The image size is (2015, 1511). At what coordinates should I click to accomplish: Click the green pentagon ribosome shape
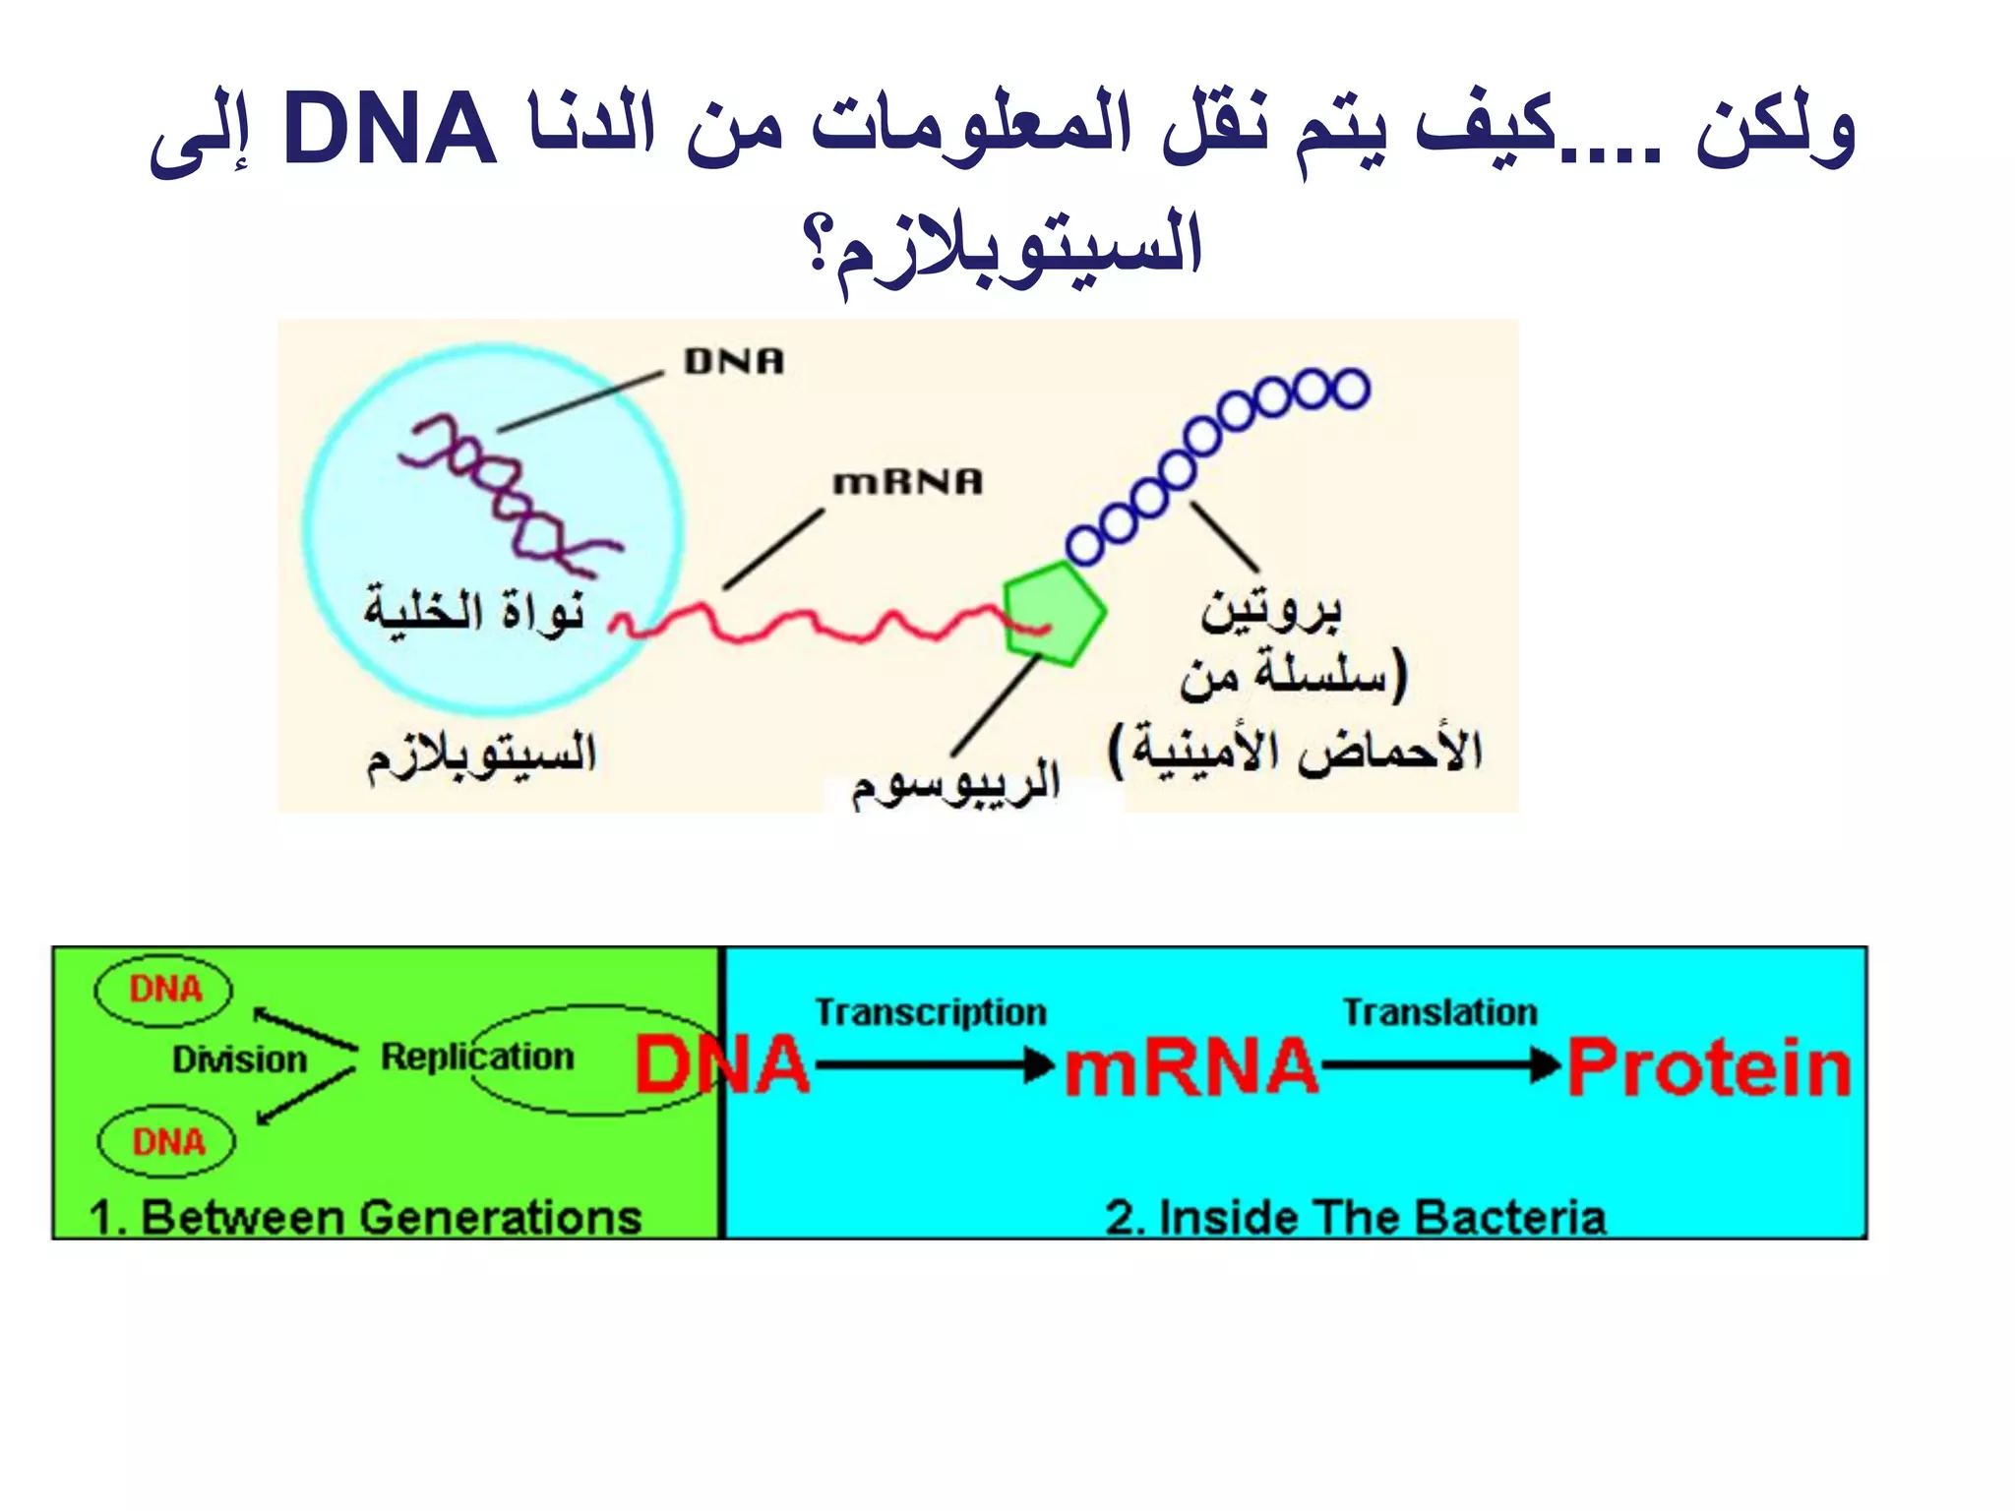click(x=1053, y=614)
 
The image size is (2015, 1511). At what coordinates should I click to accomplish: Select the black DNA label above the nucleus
click(x=734, y=362)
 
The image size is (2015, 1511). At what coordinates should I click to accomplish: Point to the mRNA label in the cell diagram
click(x=907, y=482)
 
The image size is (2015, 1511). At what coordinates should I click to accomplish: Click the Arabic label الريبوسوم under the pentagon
click(x=954, y=783)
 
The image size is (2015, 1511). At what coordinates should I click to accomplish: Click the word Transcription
click(x=931, y=1012)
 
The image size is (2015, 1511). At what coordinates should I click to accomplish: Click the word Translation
click(x=1439, y=1012)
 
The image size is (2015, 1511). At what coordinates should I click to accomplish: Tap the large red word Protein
click(x=1709, y=1068)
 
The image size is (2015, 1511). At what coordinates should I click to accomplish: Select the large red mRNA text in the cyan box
click(x=1191, y=1068)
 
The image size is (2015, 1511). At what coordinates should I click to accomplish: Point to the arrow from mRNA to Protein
click(x=1441, y=1064)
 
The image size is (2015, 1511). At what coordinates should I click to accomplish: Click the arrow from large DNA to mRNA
click(x=935, y=1064)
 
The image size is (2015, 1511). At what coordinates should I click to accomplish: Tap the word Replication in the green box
click(x=477, y=1057)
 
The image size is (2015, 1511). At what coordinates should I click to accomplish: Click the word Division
click(x=240, y=1059)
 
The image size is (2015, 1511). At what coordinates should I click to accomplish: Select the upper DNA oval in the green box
click(x=164, y=990)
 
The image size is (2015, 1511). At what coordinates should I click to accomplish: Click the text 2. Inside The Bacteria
click(x=1355, y=1218)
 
